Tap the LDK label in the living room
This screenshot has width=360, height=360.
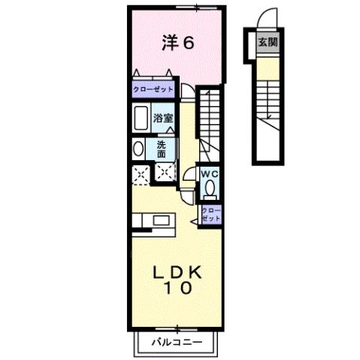click(179, 271)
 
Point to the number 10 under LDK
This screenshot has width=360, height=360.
click(179, 288)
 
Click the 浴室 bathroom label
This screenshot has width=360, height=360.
click(164, 118)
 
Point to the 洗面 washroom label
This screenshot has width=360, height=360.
click(162, 147)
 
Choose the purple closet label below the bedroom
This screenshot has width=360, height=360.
click(153, 89)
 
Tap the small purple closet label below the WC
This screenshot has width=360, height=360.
click(212, 212)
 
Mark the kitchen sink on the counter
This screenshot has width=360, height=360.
click(160, 220)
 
